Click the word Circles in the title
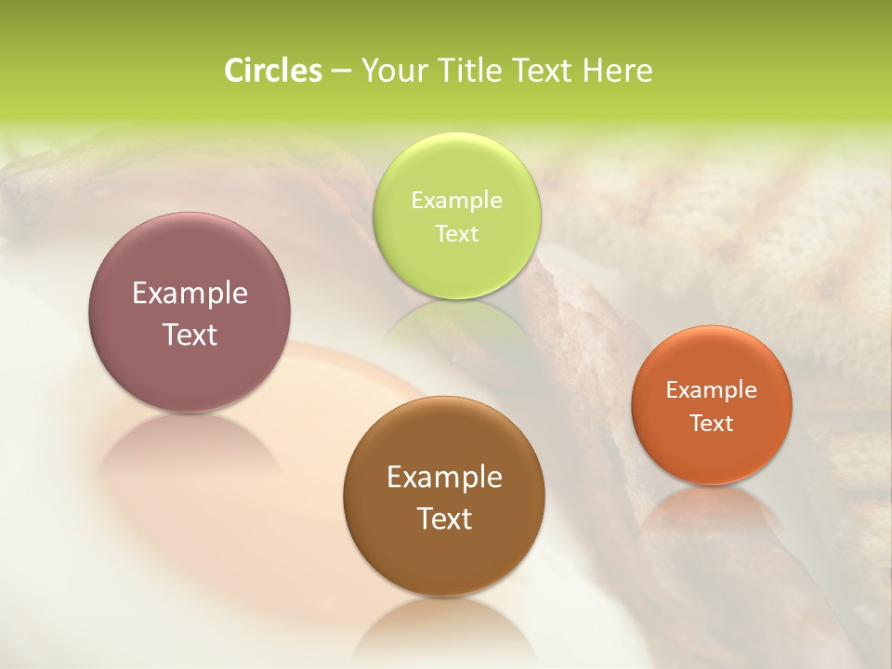pos(272,71)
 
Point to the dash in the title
pos(339,72)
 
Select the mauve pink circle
pos(190,311)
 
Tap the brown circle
pos(444,496)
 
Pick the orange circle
pos(711,404)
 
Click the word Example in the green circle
pos(456,201)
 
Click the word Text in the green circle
pos(456,233)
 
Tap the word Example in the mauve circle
pos(190,294)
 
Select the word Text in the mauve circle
pos(190,334)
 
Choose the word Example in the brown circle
pos(444,478)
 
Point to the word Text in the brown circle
pos(444,518)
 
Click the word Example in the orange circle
pos(711,390)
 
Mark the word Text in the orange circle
pos(711,423)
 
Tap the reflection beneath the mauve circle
pos(190,446)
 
